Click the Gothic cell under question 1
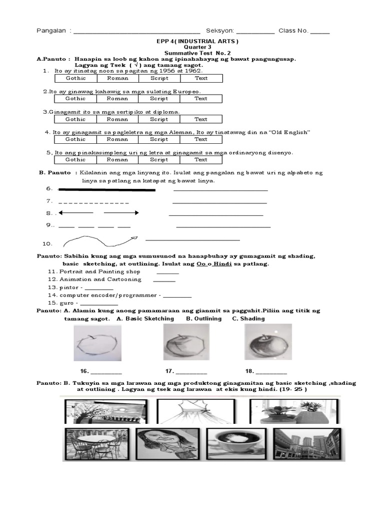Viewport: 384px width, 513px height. pyautogui.click(x=75, y=78)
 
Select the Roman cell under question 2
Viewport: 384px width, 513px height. pyautogui.click(x=117, y=99)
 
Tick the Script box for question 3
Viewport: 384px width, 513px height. pyautogui.click(x=159, y=119)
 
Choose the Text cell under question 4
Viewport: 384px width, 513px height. pyautogui.click(x=201, y=139)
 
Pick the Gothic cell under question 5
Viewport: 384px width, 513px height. pyautogui.click(x=75, y=160)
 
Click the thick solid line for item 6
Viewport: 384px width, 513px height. pyautogui.click(x=107, y=190)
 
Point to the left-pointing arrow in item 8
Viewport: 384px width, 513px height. pyautogui.click(x=75, y=213)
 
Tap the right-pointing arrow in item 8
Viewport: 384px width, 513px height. pyautogui.click(x=121, y=213)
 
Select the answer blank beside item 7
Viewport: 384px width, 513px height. pyautogui.click(x=219, y=203)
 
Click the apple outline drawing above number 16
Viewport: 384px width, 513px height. pyautogui.click(x=96, y=344)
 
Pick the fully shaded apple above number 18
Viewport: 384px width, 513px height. pyautogui.click(x=267, y=343)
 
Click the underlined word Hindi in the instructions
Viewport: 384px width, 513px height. pyautogui.click(x=222, y=264)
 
